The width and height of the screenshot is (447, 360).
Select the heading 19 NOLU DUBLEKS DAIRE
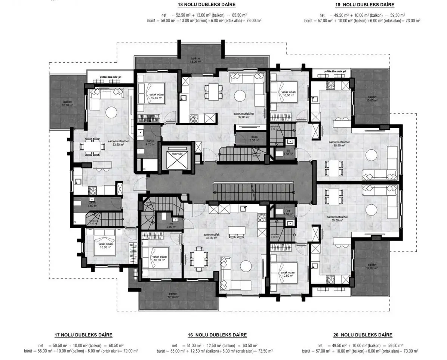pyautogui.click(x=364, y=5)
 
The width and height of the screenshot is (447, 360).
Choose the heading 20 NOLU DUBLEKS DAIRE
pyautogui.click(x=363, y=335)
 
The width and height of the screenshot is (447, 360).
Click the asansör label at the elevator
pyautogui.click(x=176, y=153)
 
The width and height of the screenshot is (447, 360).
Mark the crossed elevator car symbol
pyautogui.click(x=176, y=162)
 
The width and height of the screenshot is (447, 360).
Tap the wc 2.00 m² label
pyautogui.click(x=172, y=225)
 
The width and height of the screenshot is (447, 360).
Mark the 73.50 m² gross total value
pyautogui.click(x=265, y=351)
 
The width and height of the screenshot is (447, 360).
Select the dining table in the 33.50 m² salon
pyautogui.click(x=92, y=146)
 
